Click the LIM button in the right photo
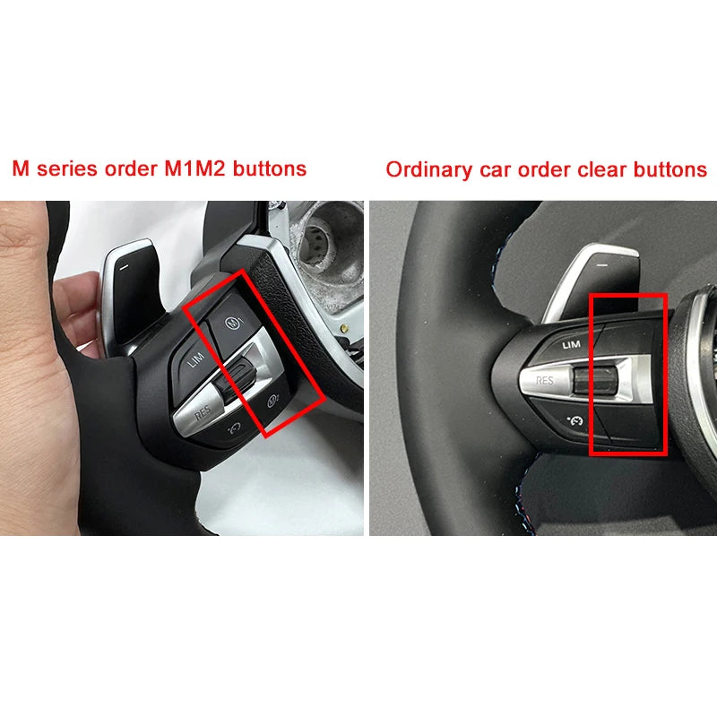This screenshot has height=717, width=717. click(571, 343)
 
